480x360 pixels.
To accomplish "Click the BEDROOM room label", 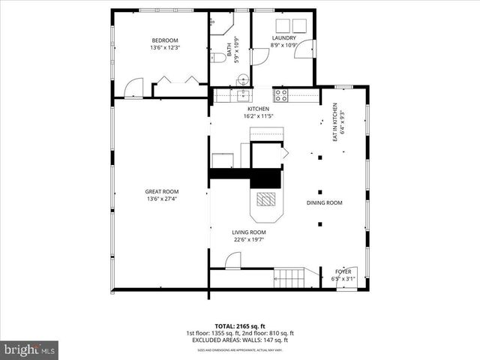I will (x=164, y=40).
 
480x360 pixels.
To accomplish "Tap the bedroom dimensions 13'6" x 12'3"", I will (x=164, y=48).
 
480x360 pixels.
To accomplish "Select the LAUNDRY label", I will (x=283, y=38).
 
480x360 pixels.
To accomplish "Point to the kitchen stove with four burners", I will (x=282, y=95).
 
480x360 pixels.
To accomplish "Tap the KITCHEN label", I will (x=247, y=109).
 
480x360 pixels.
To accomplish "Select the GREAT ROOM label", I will (x=161, y=192).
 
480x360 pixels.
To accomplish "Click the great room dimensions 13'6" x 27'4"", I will (x=161, y=199).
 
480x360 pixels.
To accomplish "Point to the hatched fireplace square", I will (x=266, y=199).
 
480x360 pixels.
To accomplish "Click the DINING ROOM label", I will (x=324, y=203).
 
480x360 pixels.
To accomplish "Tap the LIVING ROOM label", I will (x=248, y=232).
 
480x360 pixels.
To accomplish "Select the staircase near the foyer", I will (x=288, y=279).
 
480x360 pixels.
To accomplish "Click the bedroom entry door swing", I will (x=133, y=88).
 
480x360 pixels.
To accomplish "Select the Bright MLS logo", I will (x=29, y=349).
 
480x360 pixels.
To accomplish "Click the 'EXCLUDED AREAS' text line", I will (x=239, y=340).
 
